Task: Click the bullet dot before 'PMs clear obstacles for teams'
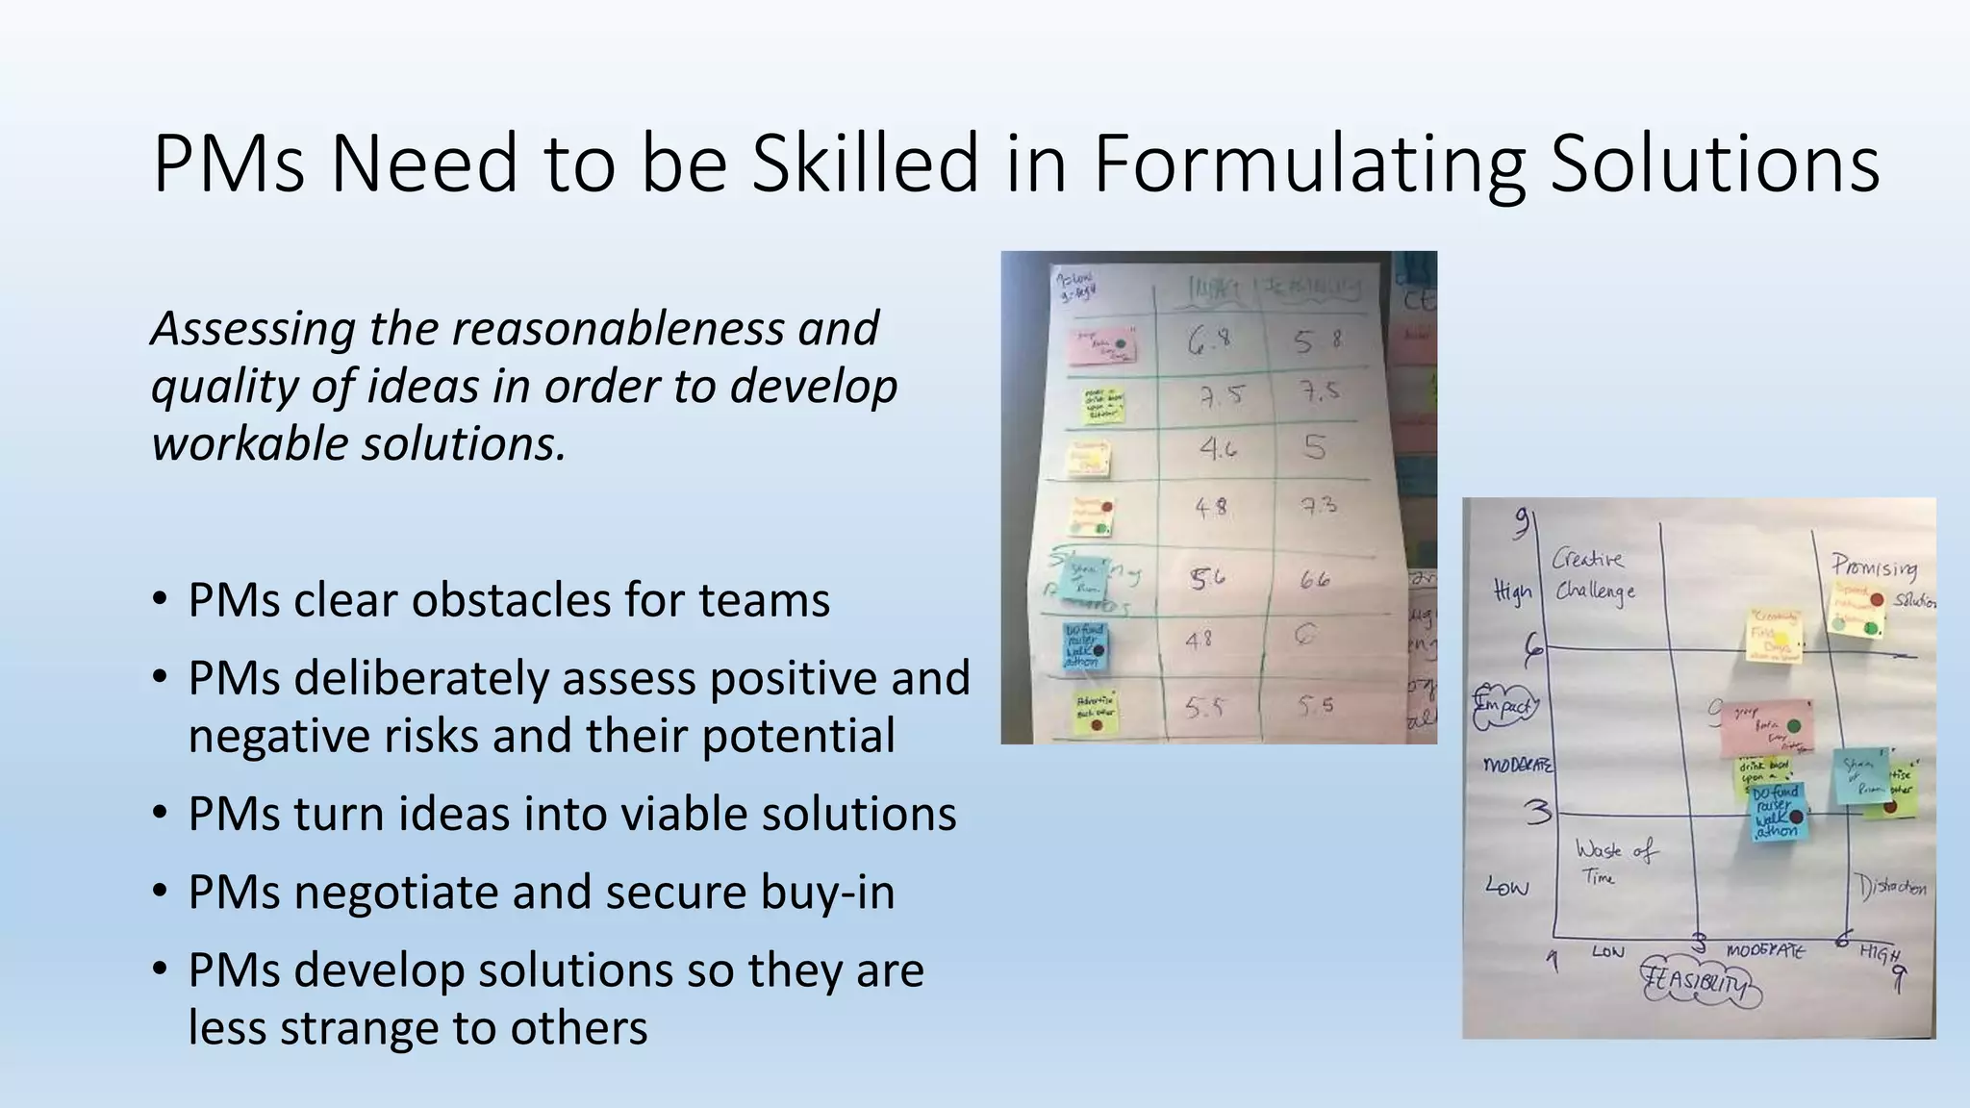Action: pos(160,600)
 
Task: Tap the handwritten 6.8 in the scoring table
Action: pos(1209,341)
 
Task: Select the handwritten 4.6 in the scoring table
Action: pos(1217,448)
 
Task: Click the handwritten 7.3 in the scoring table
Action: pos(1318,504)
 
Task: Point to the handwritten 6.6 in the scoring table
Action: pos(1315,579)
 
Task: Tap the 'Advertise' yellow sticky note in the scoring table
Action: pos(1095,712)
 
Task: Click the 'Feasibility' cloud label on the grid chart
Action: pos(1701,982)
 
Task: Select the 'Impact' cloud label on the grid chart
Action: pos(1505,705)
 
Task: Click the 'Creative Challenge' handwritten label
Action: pos(1593,574)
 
